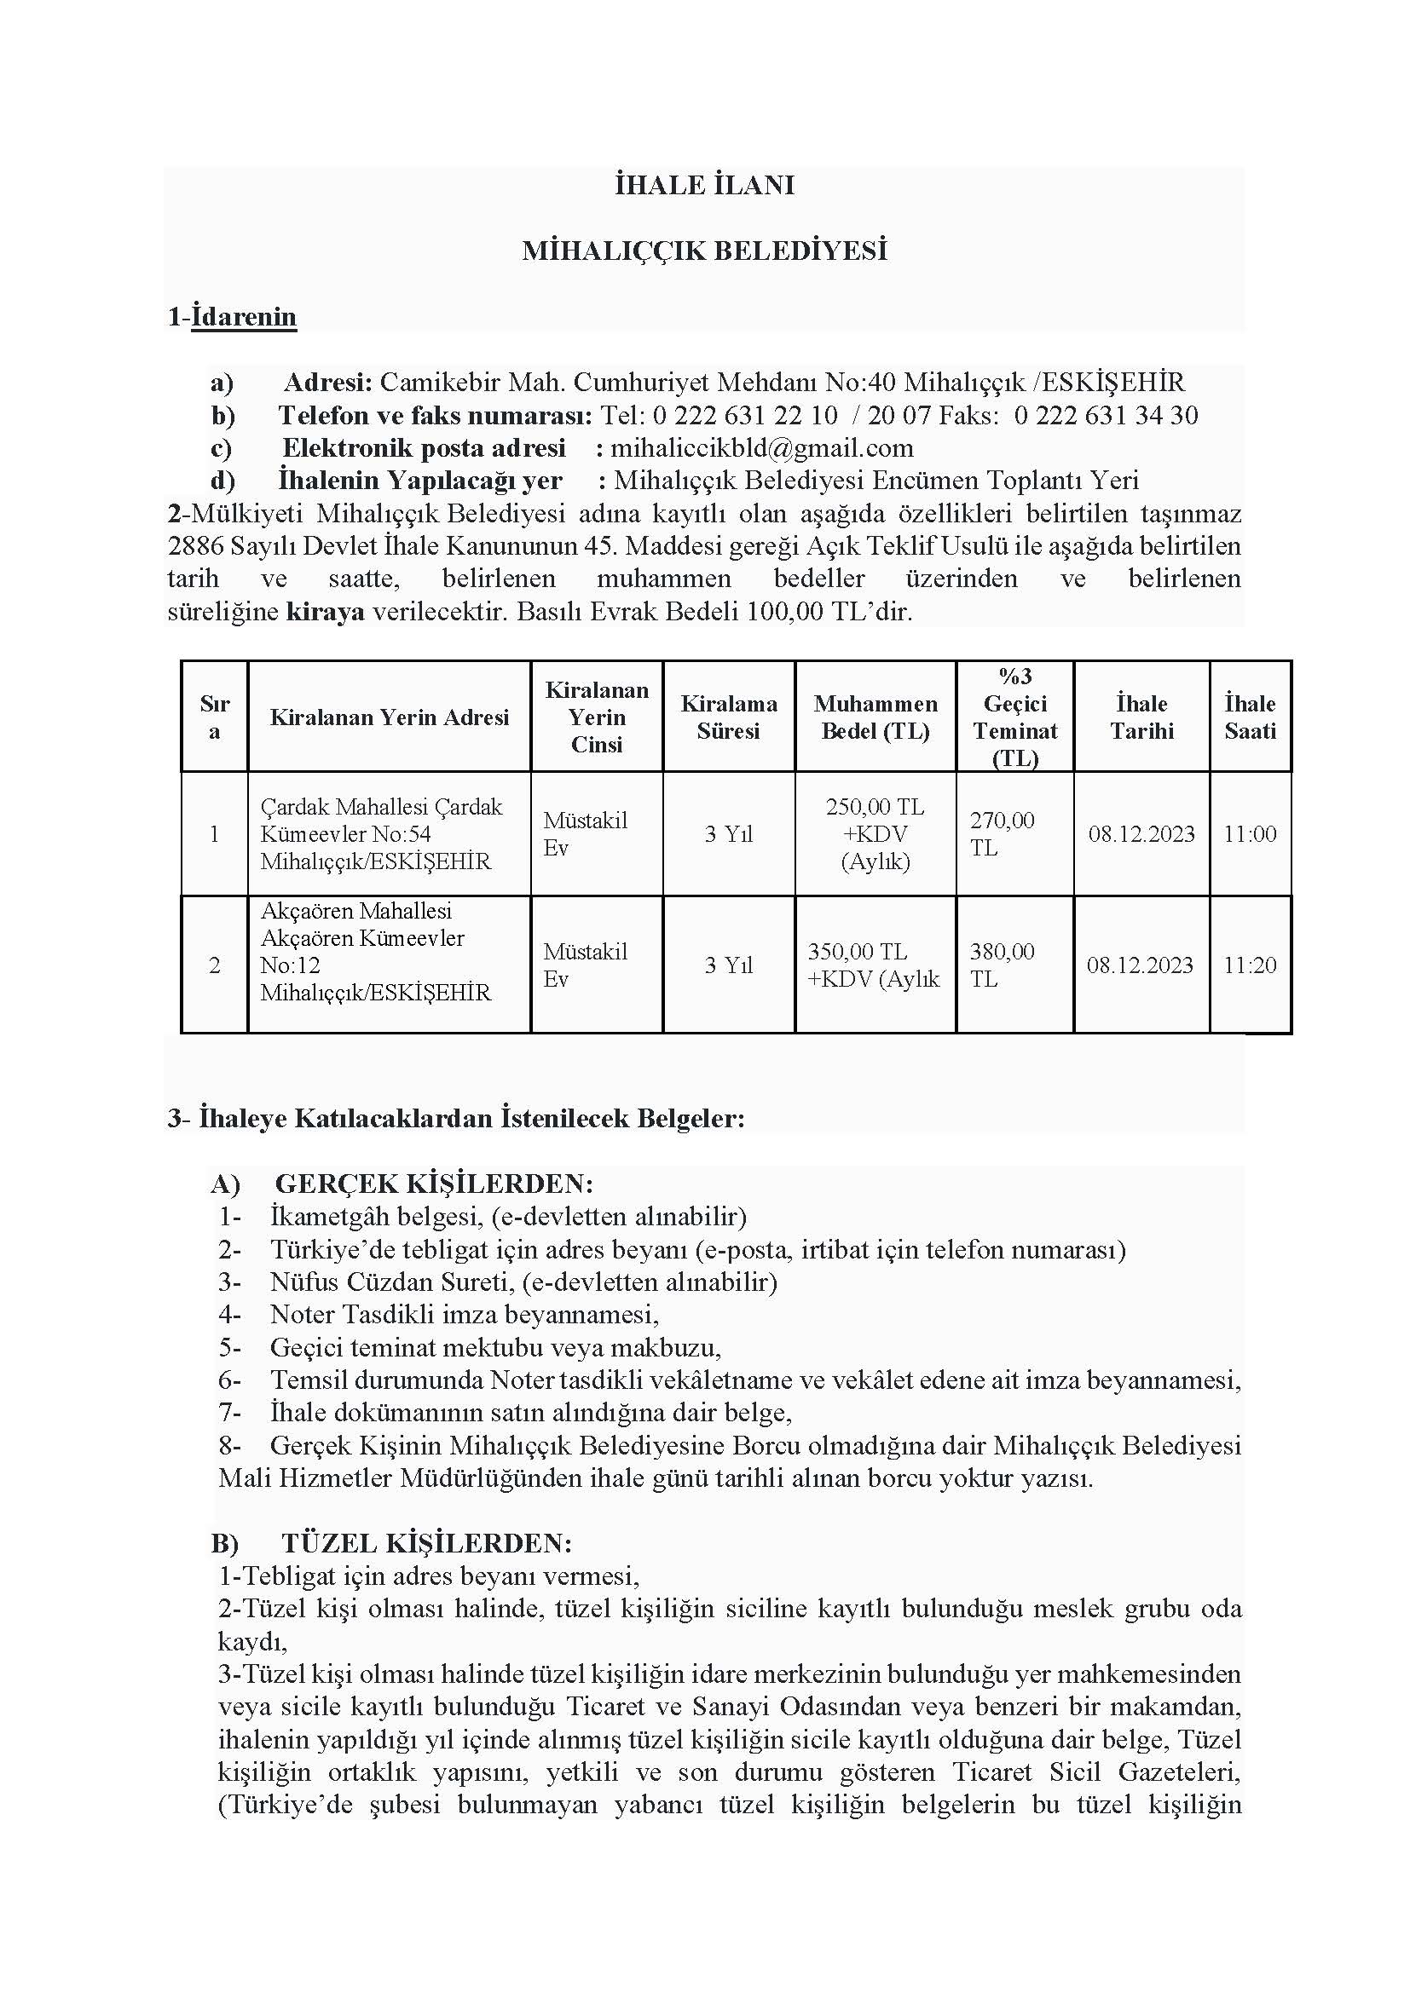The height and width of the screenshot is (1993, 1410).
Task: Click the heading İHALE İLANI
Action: point(704,186)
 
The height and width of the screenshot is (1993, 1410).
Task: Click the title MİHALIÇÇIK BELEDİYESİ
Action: point(704,251)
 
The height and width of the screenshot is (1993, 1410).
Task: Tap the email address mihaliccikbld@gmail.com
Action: point(761,448)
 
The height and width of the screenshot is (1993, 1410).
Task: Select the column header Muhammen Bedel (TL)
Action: point(875,717)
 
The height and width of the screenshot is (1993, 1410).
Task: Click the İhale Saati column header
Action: point(1250,717)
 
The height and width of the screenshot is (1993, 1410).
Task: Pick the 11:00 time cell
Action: point(1250,834)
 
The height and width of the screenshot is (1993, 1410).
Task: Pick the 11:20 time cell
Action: point(1250,965)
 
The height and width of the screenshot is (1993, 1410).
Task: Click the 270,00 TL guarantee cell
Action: point(1002,834)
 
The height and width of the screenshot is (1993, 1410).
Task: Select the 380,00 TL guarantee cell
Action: point(1002,965)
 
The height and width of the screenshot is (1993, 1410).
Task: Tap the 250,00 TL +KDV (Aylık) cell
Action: point(875,834)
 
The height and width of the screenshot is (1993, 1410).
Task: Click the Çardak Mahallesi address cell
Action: point(381,834)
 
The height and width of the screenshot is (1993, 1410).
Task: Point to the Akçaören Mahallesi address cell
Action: point(375,953)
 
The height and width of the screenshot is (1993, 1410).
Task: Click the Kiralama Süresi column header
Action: point(728,717)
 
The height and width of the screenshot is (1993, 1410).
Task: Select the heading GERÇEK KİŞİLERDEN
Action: point(434,1184)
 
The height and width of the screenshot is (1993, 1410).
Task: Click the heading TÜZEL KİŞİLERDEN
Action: point(426,1543)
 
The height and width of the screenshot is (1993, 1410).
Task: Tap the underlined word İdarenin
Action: point(244,317)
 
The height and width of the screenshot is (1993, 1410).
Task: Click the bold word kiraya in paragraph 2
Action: point(325,612)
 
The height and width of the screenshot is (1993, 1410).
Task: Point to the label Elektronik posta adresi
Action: point(424,448)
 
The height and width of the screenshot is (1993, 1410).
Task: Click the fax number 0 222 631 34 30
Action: point(1106,415)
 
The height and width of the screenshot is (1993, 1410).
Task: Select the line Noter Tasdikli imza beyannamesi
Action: point(465,1314)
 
